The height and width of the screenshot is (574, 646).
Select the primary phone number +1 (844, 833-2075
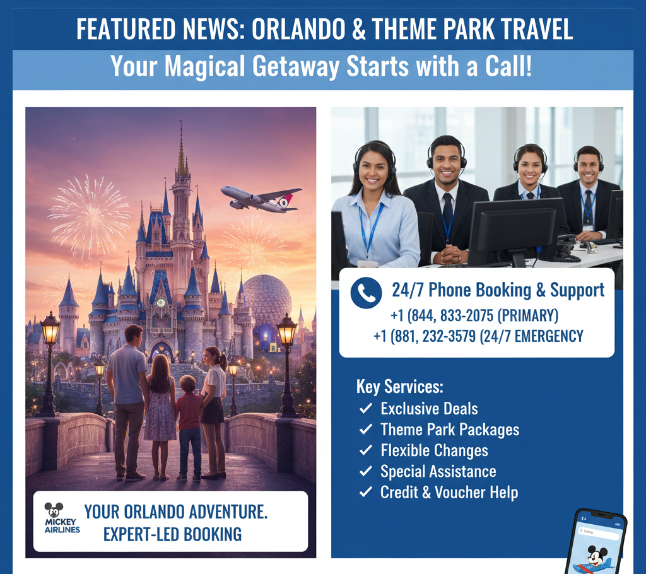point(474,315)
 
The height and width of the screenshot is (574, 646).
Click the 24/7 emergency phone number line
point(478,336)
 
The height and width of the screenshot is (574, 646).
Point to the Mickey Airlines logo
point(62,518)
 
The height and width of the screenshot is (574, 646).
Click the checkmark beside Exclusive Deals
point(365,409)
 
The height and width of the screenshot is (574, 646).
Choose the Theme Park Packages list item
point(450,430)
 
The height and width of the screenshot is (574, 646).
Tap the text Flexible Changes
point(434,451)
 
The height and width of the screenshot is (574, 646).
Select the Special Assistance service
point(438,472)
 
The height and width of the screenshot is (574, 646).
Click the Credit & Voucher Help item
point(449,493)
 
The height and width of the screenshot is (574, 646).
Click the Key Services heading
point(400,386)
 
